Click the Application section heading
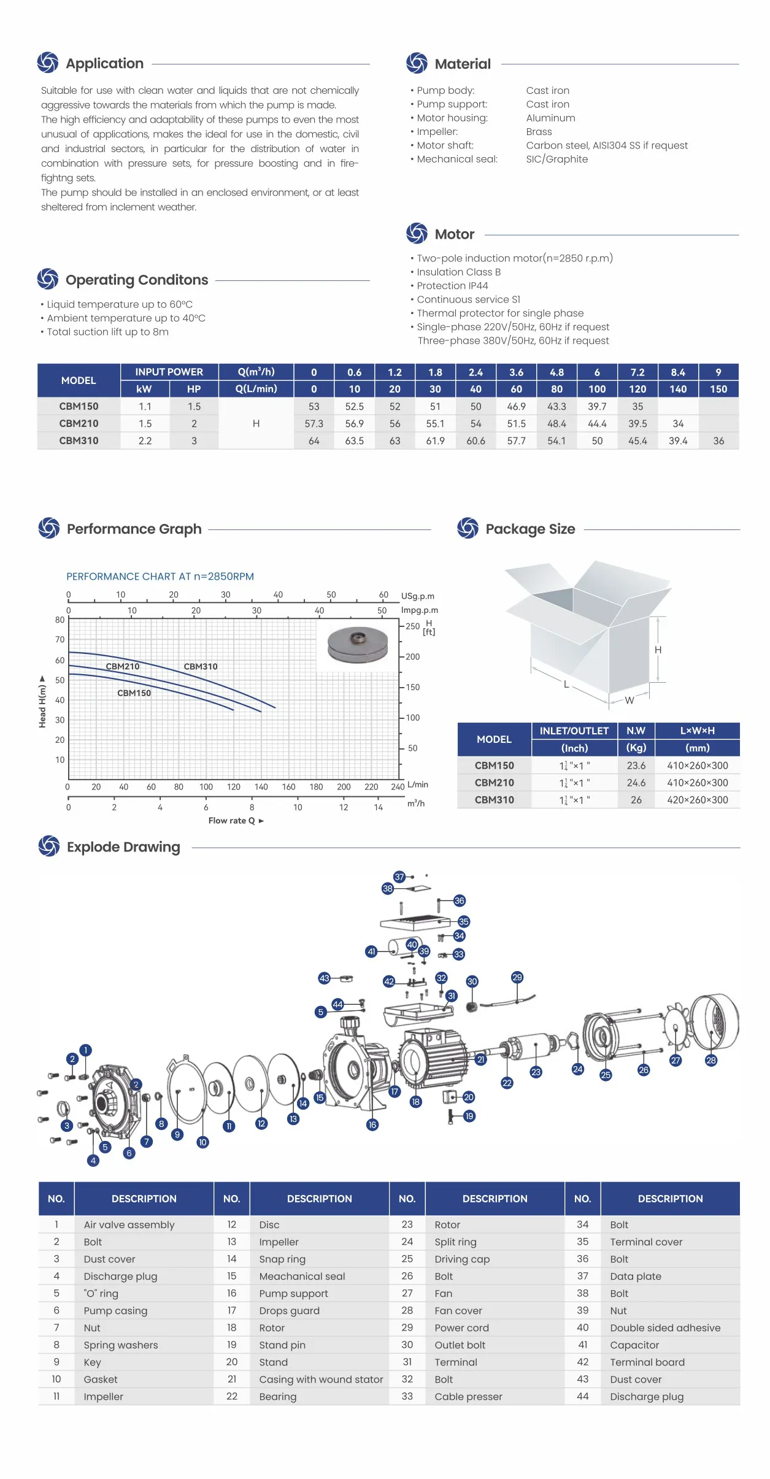(x=104, y=64)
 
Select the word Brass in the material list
(x=539, y=132)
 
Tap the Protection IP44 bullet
(x=452, y=286)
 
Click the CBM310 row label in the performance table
(x=79, y=440)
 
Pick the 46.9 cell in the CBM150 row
(x=516, y=407)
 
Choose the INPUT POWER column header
(x=169, y=372)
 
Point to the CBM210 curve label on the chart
(x=123, y=666)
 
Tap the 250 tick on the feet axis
(x=412, y=626)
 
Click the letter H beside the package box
(x=658, y=650)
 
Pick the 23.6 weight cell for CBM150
(x=636, y=766)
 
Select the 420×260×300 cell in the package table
(x=697, y=800)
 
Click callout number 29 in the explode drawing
(x=517, y=977)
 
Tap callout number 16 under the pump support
(x=372, y=1124)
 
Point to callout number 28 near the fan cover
(x=710, y=1060)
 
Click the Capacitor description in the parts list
(x=634, y=1345)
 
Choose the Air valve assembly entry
(x=129, y=1225)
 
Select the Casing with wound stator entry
(x=321, y=1380)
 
